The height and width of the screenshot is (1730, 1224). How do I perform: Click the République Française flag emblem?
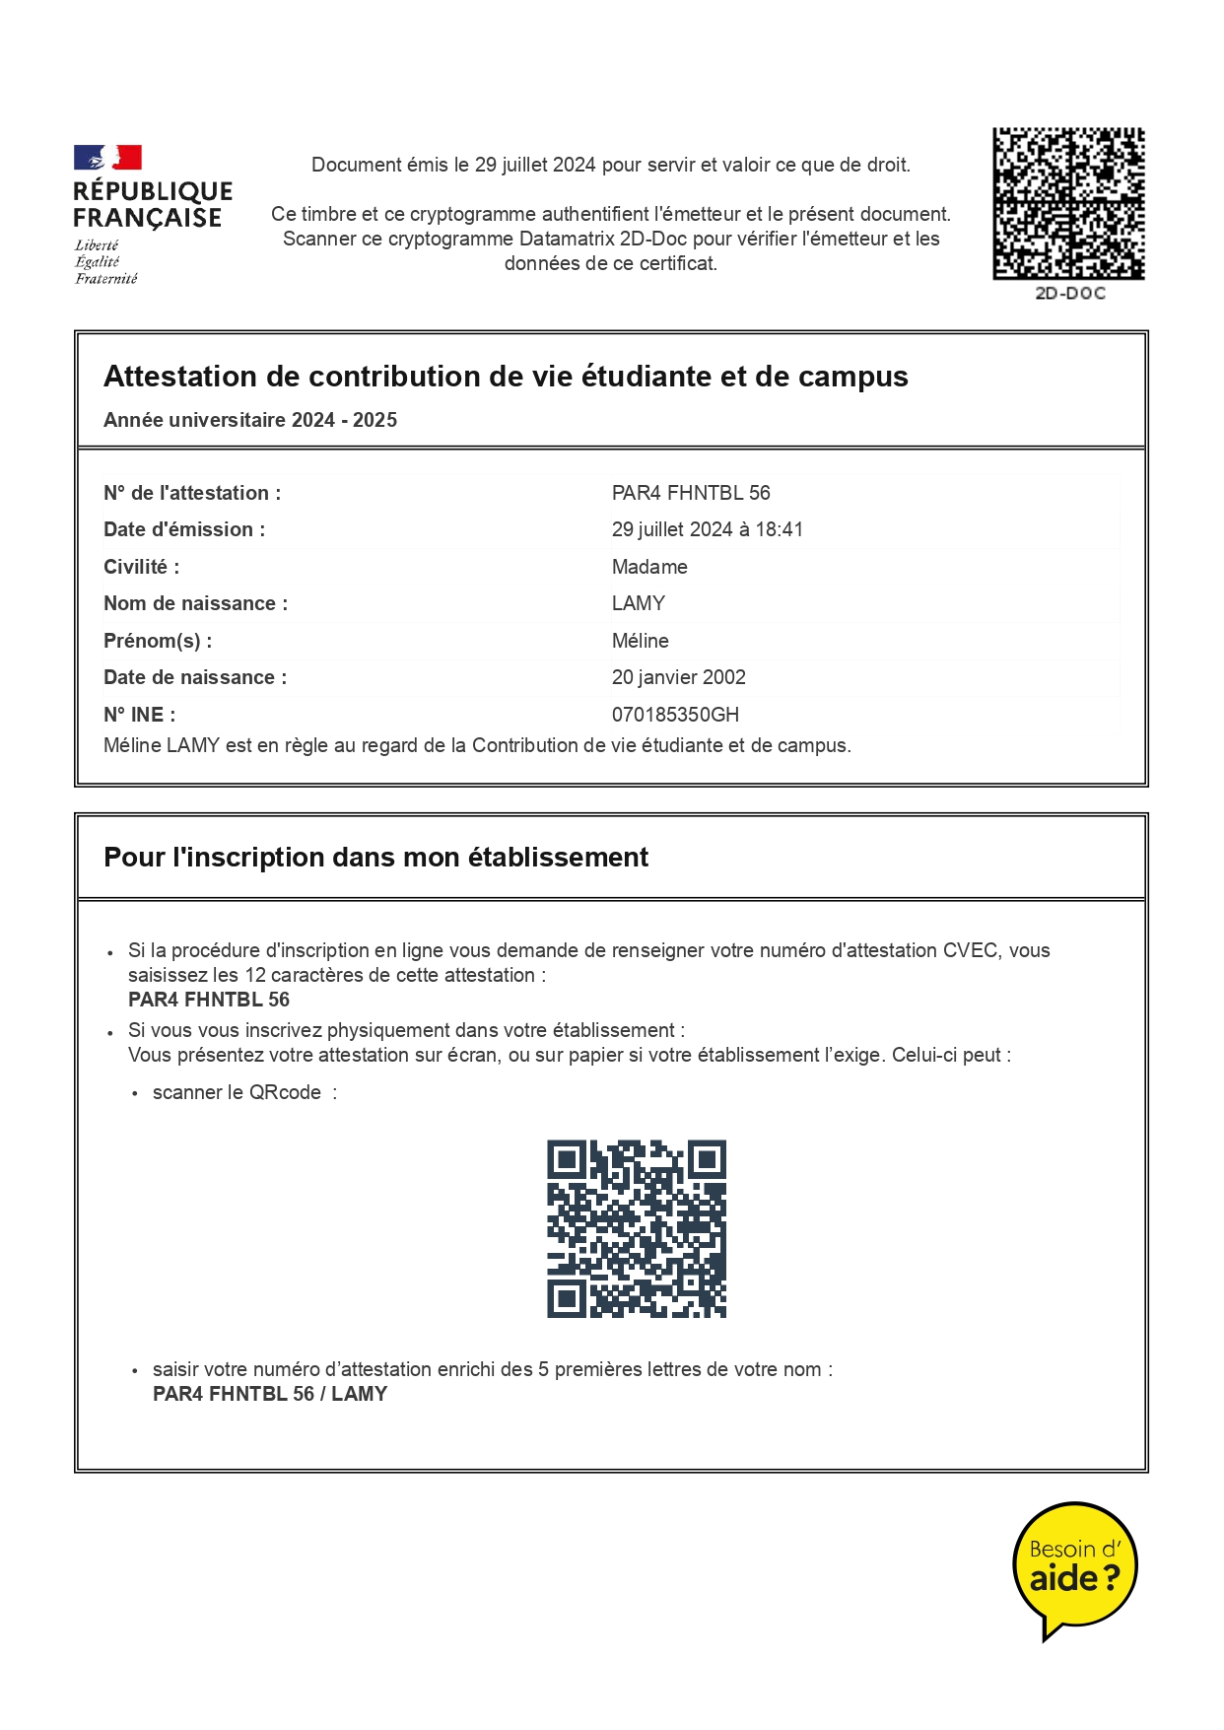107,158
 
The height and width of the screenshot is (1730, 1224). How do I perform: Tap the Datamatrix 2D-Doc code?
1068,203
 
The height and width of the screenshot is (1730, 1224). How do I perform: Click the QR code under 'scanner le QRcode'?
637,1228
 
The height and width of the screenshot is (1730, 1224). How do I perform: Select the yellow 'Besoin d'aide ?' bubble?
1074,1565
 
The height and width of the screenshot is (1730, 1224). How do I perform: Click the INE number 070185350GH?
675,715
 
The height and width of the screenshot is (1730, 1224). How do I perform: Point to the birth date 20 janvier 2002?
678,677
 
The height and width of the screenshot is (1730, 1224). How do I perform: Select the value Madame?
649,567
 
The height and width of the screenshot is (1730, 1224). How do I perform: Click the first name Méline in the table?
640,641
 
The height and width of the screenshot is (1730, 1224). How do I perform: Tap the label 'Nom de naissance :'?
195,603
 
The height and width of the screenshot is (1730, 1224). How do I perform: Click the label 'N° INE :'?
139,715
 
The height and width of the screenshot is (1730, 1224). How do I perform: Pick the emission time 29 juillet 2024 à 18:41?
707,529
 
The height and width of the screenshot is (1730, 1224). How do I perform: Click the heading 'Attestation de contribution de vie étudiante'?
506,377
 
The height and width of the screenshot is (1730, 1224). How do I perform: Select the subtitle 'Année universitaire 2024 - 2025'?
250,420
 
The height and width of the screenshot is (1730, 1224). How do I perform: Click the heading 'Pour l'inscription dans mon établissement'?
375,858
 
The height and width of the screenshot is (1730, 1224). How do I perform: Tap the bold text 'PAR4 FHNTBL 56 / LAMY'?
270,1394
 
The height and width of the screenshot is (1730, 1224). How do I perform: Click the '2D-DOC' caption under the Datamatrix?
1069,294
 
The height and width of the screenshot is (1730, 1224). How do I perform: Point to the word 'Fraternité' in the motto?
106,279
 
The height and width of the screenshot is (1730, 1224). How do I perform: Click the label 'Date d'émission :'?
184,529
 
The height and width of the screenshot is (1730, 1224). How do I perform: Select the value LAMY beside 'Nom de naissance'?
639,603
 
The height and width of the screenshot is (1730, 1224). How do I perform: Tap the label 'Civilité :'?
141,567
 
